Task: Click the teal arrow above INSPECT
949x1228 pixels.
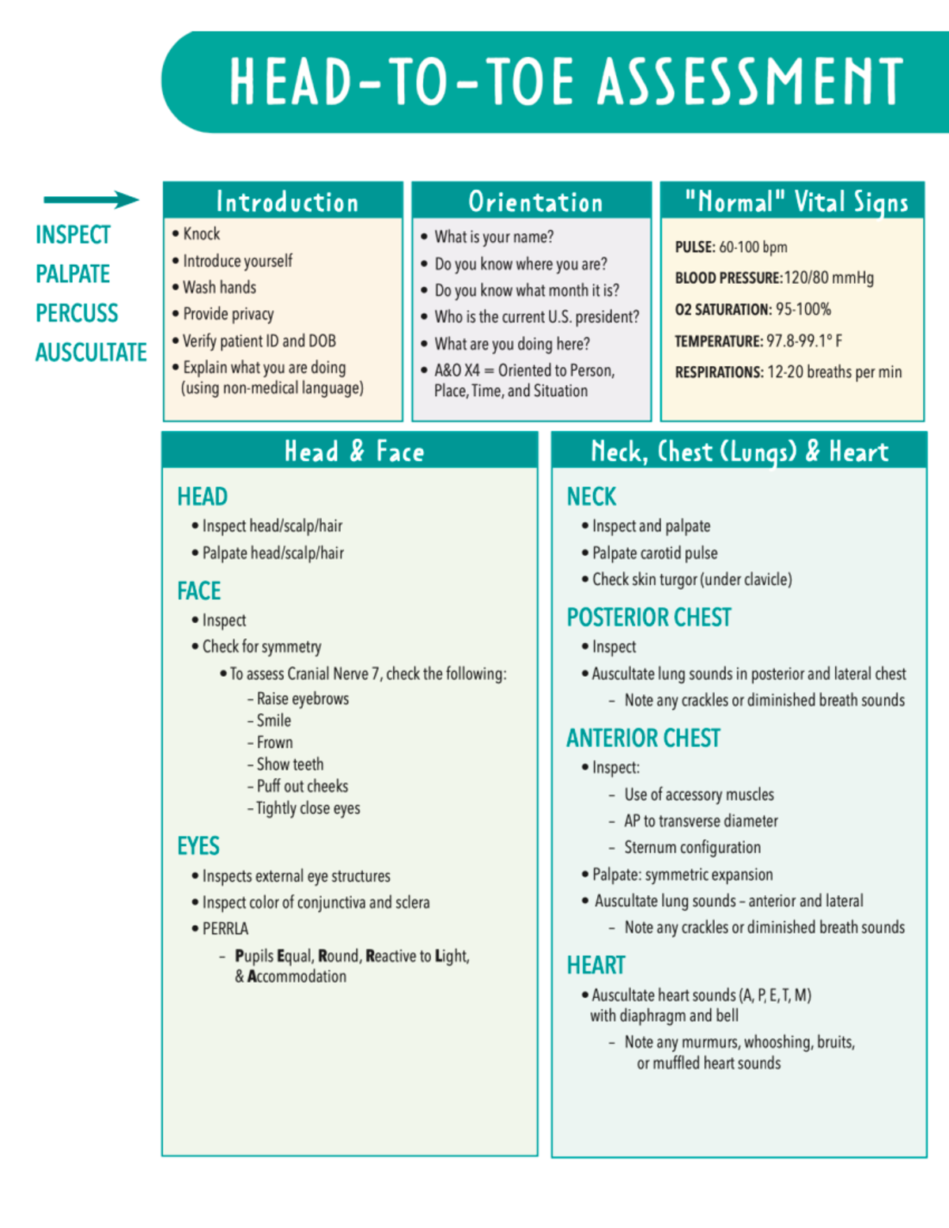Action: coord(91,199)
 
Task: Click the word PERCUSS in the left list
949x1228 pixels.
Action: coord(77,313)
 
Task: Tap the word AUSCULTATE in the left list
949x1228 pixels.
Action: coord(91,352)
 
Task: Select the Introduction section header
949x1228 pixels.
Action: coord(286,202)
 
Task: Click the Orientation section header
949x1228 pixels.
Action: coord(535,202)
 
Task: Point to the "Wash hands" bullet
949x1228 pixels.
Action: coord(219,287)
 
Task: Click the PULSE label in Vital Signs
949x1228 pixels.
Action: coord(694,247)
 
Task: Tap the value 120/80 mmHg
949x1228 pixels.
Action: coord(829,278)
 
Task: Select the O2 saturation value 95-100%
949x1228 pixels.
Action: coord(803,309)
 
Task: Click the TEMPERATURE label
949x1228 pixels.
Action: coord(718,341)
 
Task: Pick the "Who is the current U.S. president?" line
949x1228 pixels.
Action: coord(536,317)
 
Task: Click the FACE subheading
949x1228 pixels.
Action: coord(198,591)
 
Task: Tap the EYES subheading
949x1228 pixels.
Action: coord(198,846)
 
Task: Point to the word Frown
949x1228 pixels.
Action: coord(274,742)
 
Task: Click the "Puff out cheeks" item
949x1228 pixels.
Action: coord(302,786)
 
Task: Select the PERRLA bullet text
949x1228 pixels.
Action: coord(225,928)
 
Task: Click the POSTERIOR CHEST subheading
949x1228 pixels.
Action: coord(648,618)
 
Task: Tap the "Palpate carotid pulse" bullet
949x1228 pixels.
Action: coord(654,553)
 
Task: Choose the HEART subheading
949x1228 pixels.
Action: coord(595,965)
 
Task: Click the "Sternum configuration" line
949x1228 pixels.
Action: coord(692,848)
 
